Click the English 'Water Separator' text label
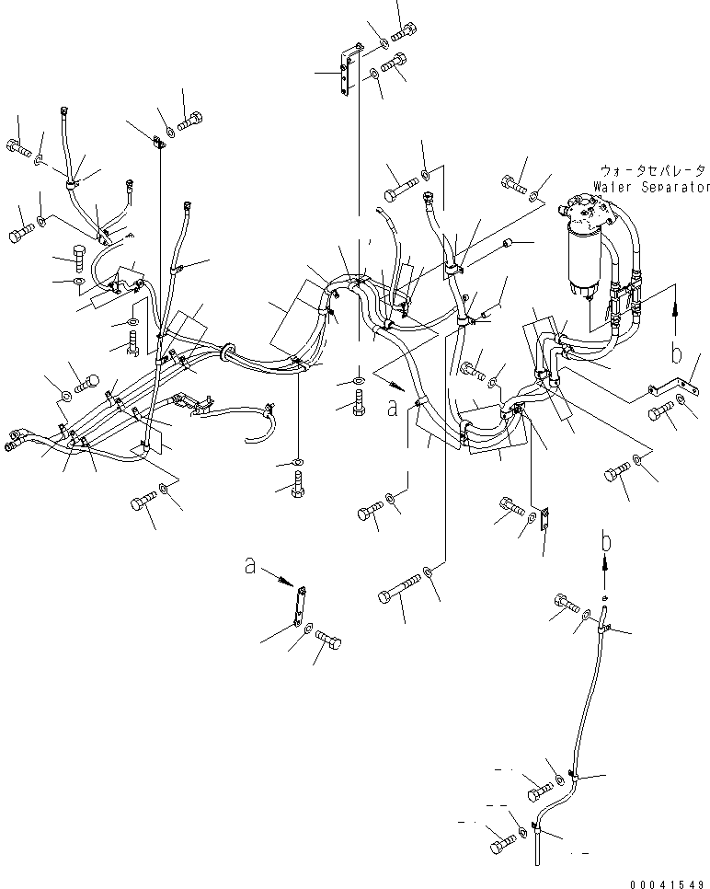[651, 186]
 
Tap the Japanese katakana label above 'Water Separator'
[653, 171]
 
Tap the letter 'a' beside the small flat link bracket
[250, 568]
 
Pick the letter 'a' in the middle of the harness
[393, 409]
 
